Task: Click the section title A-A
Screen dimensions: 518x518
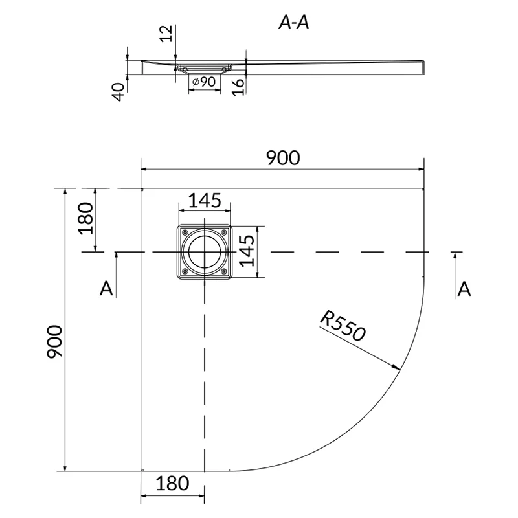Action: pos(294,23)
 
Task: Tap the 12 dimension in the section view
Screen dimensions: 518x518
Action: pos(166,34)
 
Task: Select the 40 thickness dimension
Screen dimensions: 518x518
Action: pos(118,92)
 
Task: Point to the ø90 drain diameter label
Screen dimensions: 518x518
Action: pos(204,82)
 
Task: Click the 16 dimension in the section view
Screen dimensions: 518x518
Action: pos(238,87)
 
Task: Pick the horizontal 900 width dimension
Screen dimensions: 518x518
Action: pos(283,158)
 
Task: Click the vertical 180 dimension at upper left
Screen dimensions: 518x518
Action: pos(86,218)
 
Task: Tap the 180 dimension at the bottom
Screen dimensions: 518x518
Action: pos(172,483)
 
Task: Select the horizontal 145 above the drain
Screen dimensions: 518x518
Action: pos(205,201)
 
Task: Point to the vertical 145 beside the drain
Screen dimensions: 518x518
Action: pos(247,251)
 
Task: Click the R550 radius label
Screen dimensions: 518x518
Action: pos(343,326)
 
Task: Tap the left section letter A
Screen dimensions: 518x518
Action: pos(106,288)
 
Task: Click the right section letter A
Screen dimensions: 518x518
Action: pos(464,289)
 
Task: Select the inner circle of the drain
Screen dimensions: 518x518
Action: pos(205,252)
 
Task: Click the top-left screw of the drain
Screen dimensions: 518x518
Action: pos(185,232)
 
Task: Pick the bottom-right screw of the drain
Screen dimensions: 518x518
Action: pos(224,271)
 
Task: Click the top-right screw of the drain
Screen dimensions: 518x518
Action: pos(224,232)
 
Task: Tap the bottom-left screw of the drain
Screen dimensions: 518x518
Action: pos(185,271)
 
